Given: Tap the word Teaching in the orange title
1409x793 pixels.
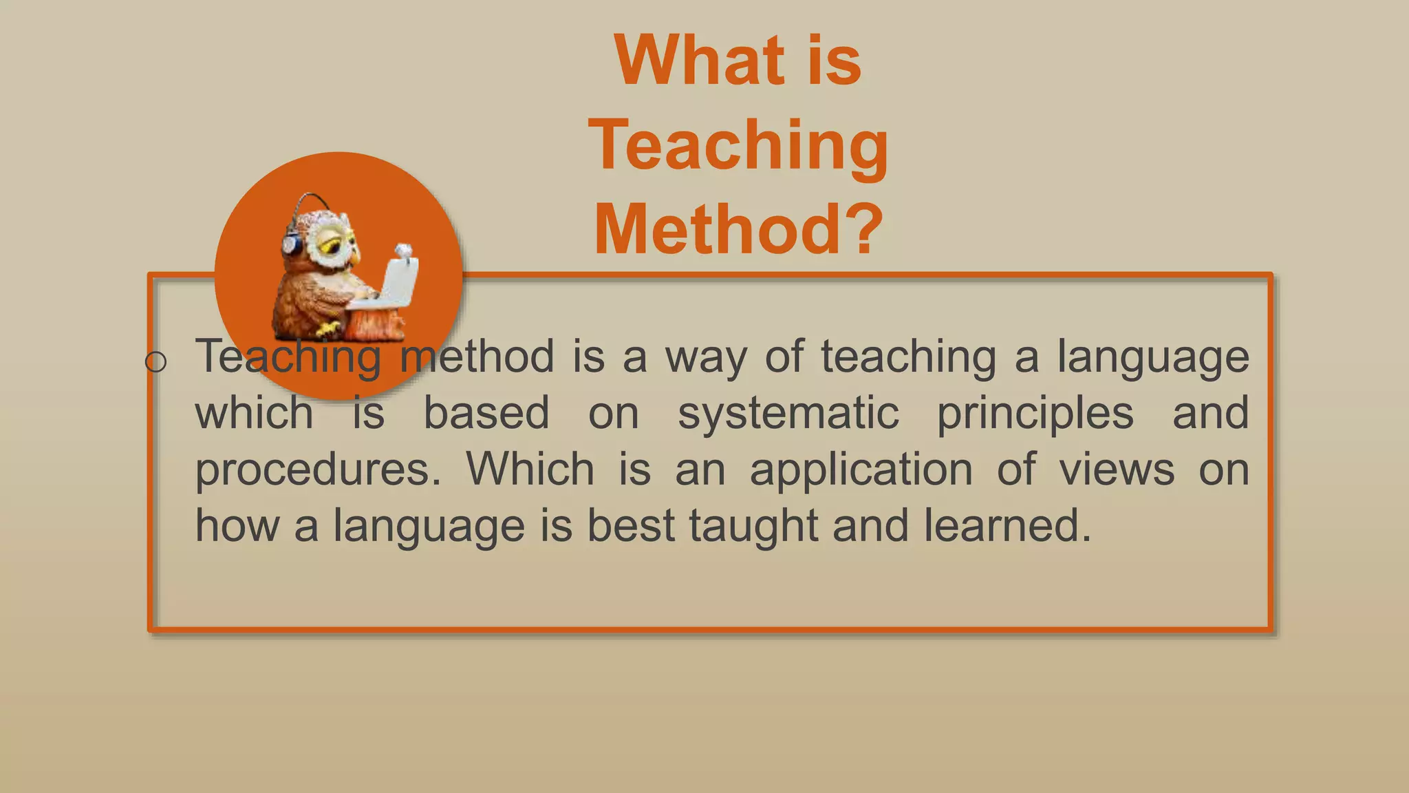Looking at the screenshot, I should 738,145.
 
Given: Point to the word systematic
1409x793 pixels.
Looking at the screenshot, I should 788,413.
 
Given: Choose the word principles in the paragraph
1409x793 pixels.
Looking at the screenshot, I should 1035,414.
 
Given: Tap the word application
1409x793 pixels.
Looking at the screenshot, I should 861,471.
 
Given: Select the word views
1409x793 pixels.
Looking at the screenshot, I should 1117,469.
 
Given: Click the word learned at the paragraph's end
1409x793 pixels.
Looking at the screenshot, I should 1007,526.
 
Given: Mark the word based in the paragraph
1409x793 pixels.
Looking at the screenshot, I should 486,413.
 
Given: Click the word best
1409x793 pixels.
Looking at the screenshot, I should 631,526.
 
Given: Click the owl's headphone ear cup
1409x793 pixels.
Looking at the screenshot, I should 291,244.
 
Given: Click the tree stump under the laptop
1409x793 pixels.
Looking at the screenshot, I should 375,324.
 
